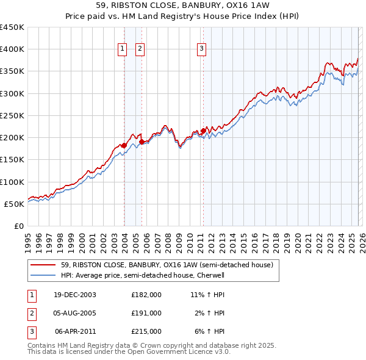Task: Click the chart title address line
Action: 182,5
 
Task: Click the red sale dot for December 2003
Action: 124,145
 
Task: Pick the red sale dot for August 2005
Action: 142,142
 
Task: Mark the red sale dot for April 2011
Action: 203,131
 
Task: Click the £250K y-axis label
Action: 12,115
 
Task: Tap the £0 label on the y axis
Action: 18,226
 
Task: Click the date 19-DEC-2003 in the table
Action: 74,295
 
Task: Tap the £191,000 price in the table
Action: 146,313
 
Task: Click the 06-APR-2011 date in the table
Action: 75,331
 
